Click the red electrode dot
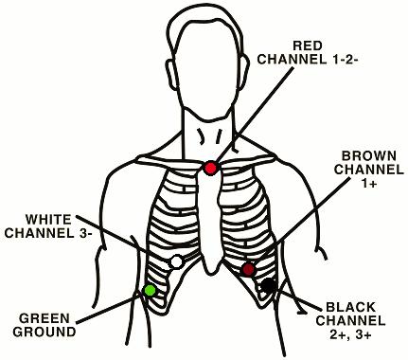(210, 168)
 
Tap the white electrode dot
(176, 261)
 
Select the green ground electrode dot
(149, 289)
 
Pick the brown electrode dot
(249, 270)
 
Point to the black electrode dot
(269, 284)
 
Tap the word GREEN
(42, 318)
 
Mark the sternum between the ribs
(211, 208)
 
